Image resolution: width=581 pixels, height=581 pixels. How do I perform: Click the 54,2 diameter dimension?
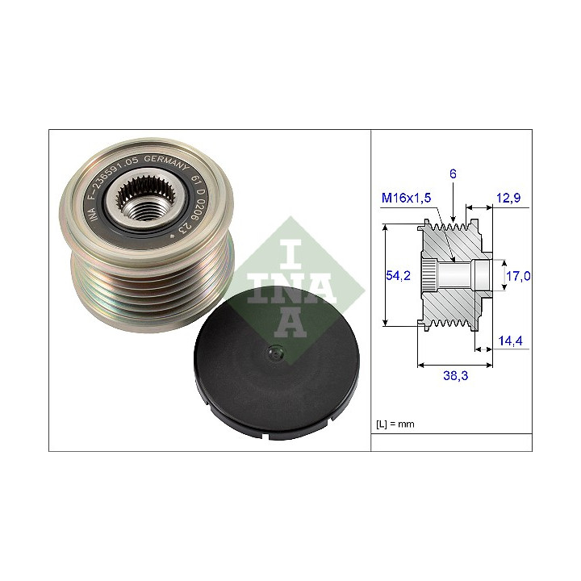(x=398, y=275)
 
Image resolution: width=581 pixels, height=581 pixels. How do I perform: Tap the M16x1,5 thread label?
(x=406, y=198)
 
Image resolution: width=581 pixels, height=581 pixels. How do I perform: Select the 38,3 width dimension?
(x=455, y=375)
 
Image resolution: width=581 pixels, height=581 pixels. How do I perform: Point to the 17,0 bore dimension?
(x=518, y=276)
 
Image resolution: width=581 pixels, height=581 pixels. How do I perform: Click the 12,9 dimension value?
(x=508, y=198)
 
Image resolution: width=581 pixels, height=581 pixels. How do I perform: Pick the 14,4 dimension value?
(x=510, y=341)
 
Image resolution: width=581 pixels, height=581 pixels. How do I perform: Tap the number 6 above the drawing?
(x=453, y=173)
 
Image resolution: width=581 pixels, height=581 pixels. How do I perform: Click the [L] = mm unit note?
(x=395, y=424)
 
